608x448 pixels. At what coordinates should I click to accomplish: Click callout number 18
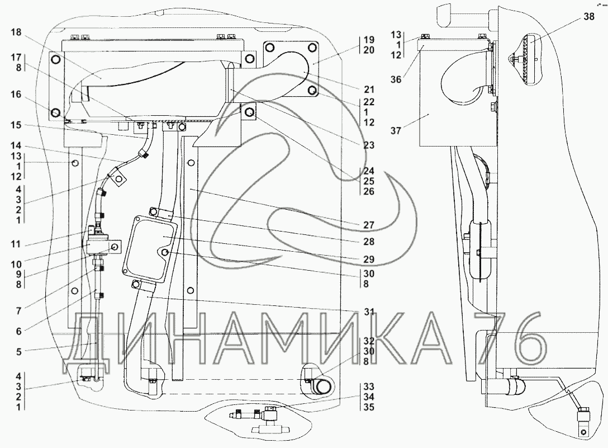[16, 32]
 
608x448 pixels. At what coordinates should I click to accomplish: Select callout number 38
[588, 17]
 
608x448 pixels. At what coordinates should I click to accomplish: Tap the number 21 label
[369, 89]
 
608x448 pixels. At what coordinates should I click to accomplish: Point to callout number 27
[369, 225]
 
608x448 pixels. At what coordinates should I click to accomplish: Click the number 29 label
[369, 259]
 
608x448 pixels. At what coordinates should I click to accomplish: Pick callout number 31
[369, 312]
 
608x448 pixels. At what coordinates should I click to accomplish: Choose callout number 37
[396, 130]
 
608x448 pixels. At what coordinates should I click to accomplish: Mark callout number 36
[396, 79]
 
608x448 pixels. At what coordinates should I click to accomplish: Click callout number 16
[16, 95]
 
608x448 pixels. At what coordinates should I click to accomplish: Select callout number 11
[16, 244]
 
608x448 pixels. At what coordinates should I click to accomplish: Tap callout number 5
[18, 352]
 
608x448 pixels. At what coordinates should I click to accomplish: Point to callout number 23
[369, 145]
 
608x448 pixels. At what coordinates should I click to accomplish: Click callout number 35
[369, 407]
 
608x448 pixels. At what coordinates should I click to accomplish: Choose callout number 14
[16, 146]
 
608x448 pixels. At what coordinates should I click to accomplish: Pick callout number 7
[18, 310]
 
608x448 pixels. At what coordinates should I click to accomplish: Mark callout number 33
[369, 386]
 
